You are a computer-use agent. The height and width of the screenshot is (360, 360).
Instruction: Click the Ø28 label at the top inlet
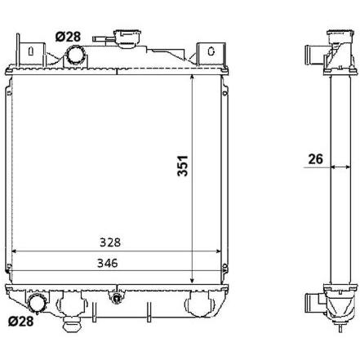tap(68, 37)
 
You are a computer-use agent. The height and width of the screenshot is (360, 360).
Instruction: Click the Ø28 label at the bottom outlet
tap(21, 322)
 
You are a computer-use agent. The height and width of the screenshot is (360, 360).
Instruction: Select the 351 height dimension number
tap(182, 166)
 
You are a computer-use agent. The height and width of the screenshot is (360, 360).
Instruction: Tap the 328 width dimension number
tap(110, 242)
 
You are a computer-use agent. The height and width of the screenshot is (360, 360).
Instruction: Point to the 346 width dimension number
tap(108, 263)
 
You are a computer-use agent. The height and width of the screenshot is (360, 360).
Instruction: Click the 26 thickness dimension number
tap(315, 159)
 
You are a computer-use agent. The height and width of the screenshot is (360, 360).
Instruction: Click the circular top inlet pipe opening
tap(76, 54)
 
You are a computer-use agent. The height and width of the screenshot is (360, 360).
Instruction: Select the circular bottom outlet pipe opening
tap(37, 303)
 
